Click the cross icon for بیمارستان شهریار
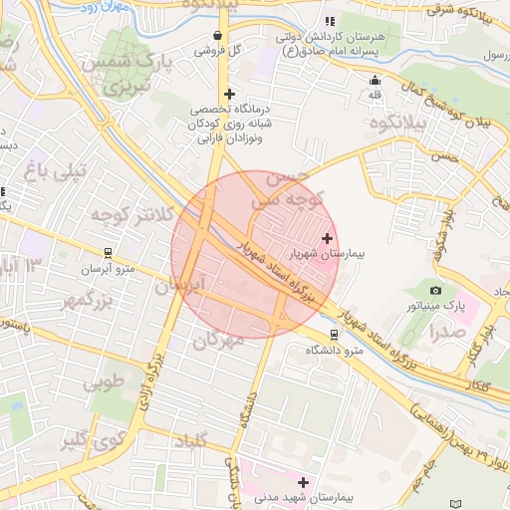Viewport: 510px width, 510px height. pyautogui.click(x=328, y=238)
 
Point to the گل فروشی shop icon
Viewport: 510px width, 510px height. pyautogui.click(x=217, y=36)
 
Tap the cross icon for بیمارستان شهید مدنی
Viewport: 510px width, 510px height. pyautogui.click(x=303, y=481)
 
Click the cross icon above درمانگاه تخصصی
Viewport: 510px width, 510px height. pyautogui.click(x=230, y=93)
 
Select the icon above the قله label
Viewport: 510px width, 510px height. pyautogui.click(x=375, y=81)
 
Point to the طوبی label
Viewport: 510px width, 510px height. pyautogui.click(x=105, y=382)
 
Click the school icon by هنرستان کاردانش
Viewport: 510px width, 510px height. pyautogui.click(x=330, y=21)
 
